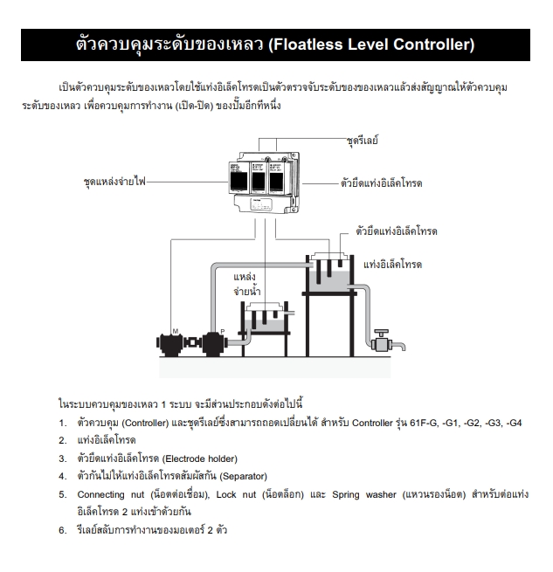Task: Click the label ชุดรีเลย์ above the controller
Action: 363,140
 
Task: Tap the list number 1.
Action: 62,423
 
